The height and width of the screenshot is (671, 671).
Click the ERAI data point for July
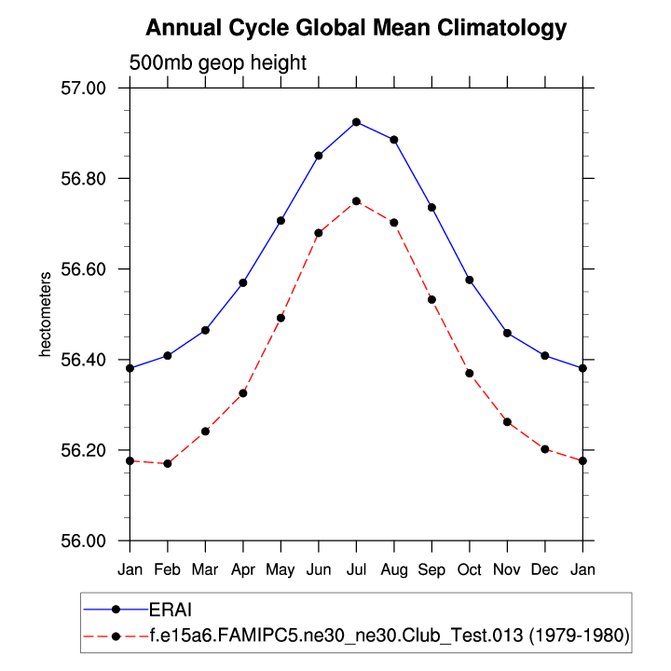[x=356, y=122]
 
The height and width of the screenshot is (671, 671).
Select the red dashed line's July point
[x=356, y=201]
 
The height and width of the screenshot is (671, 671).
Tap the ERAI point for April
[x=243, y=282]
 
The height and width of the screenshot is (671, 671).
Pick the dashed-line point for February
[x=168, y=463]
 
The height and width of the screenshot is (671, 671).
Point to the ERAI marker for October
[x=470, y=280]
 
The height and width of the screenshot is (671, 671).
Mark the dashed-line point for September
[x=431, y=299]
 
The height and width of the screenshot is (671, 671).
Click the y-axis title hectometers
[x=43, y=315]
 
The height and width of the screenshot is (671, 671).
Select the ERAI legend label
[x=170, y=609]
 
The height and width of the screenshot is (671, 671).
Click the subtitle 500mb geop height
[x=217, y=62]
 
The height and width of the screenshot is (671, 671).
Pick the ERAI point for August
[x=394, y=140]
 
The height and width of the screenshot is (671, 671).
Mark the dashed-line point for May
[x=281, y=318]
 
